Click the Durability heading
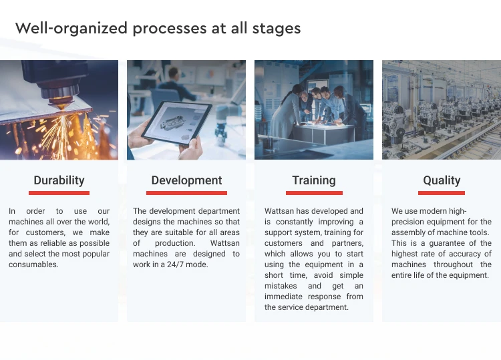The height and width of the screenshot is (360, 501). (59, 180)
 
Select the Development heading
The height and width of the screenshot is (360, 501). (186, 180)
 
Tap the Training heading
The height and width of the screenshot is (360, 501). (314, 180)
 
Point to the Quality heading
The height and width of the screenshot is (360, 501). (442, 180)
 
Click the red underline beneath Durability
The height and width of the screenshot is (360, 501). (59, 193)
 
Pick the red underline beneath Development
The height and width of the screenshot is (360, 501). (186, 193)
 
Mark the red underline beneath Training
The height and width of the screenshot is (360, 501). (314, 193)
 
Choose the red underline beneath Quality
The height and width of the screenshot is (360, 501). (442, 193)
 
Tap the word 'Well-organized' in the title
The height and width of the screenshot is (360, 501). (71, 29)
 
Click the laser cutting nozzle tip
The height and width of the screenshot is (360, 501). (61, 106)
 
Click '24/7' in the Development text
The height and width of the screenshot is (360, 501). (175, 264)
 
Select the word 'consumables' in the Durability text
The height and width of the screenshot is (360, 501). (33, 264)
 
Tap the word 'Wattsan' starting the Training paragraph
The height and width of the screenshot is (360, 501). (279, 211)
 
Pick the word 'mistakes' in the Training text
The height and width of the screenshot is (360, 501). (281, 286)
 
